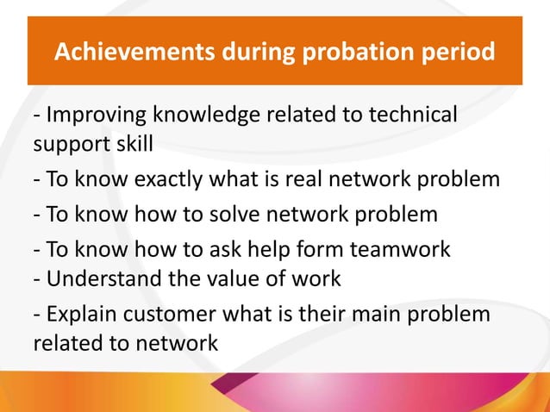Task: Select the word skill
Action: pyautogui.click(x=129, y=143)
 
